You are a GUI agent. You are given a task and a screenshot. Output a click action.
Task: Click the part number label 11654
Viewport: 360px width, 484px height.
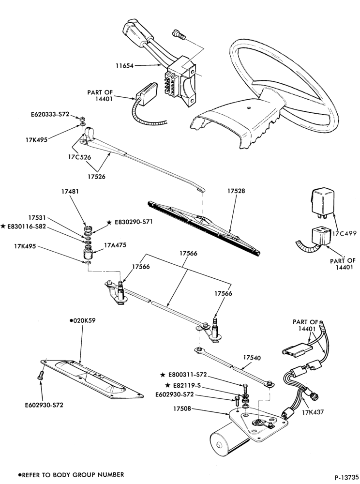coord(125,65)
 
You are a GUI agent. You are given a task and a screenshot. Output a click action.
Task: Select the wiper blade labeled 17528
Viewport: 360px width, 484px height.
coord(204,228)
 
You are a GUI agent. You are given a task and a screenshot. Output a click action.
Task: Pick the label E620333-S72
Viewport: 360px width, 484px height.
coord(50,114)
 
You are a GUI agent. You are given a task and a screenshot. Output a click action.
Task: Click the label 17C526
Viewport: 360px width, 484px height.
coord(79,157)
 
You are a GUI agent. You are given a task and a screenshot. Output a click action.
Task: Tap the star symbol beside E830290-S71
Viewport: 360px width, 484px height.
coord(109,222)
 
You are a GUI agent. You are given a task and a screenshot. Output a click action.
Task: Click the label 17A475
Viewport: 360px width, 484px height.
coord(115,245)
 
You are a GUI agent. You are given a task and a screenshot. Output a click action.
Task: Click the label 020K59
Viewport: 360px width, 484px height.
coord(84,320)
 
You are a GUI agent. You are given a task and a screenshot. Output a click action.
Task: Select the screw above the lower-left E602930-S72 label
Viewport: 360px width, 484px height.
coord(41,375)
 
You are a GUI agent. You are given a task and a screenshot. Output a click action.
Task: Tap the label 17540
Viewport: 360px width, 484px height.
coord(252,358)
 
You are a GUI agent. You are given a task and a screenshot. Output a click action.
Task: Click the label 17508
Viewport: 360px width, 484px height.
coord(182,408)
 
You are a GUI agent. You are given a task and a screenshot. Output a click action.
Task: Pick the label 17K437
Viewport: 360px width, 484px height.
coord(313,412)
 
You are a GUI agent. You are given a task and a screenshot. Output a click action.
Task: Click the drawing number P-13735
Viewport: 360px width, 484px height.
coord(346,476)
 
